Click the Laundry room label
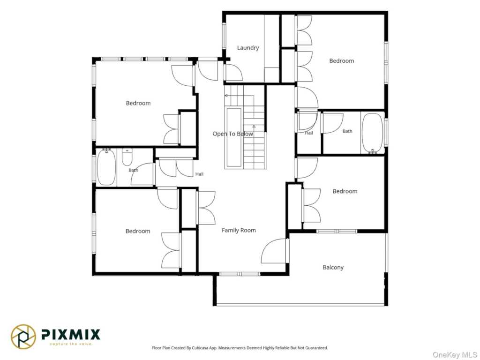(248, 48)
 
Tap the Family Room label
(239, 231)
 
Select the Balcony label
(333, 268)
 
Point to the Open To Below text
(233, 134)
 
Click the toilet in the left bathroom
(127, 157)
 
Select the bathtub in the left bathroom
(106, 167)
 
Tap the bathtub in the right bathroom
(372, 133)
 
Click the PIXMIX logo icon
(23, 337)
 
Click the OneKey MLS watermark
(455, 355)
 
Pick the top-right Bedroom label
(342, 61)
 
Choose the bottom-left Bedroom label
(138, 232)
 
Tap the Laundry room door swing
(233, 73)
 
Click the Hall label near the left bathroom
(199, 174)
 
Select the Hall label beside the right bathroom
(309, 133)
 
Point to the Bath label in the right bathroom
(347, 131)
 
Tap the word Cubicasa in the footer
(201, 348)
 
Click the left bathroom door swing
(142, 174)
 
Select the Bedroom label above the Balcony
(345, 191)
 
